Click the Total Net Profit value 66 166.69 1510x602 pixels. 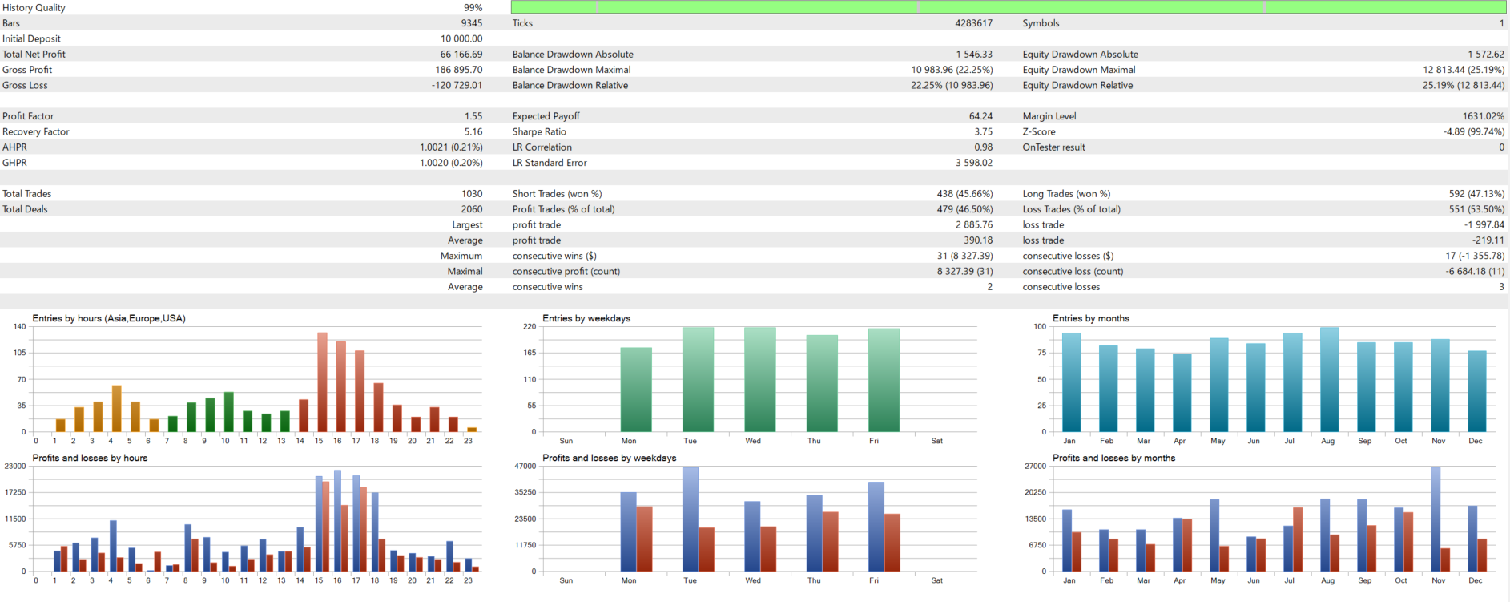click(461, 55)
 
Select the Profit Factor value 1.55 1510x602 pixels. click(473, 116)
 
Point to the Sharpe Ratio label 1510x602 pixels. click(539, 131)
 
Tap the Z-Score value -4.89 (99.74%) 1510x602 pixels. click(1473, 131)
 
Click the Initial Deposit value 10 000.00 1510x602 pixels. click(461, 38)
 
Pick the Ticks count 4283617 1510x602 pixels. click(973, 23)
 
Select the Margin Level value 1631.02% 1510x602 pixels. click(1483, 116)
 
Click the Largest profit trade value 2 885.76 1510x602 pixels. click(973, 225)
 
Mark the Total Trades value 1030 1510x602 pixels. click(472, 194)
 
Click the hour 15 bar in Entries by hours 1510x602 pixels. click(322, 383)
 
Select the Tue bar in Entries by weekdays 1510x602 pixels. click(698, 380)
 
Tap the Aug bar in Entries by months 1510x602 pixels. click(1330, 380)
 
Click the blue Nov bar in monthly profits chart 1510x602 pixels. click(1436, 519)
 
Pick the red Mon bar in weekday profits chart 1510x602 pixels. click(644, 539)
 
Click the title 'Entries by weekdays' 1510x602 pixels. click(586, 318)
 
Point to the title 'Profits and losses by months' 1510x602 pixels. click(1113, 458)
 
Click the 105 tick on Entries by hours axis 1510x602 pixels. click(19, 353)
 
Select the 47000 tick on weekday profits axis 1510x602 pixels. click(525, 466)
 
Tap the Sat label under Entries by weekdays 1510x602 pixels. click(937, 441)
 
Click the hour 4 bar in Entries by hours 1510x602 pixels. click(116, 409)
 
